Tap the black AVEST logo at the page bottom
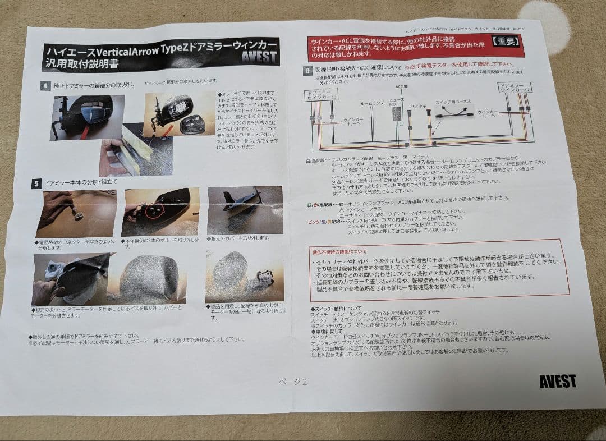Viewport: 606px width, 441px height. point(557,381)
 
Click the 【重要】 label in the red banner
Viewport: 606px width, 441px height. point(506,41)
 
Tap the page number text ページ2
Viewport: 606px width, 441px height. point(293,382)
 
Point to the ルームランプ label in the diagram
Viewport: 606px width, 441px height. point(373,103)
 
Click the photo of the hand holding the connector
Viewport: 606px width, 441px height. point(76,214)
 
